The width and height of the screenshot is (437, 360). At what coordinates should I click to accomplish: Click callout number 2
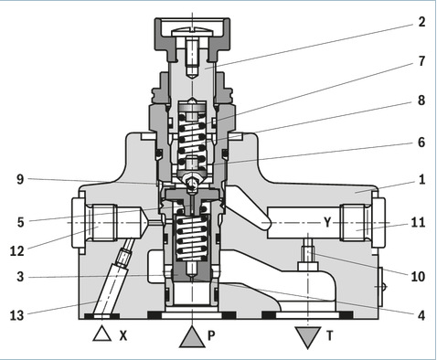pyautogui.click(x=421, y=22)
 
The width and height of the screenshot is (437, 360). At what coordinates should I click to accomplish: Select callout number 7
pyautogui.click(x=421, y=61)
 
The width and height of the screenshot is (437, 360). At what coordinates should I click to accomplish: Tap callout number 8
pyautogui.click(x=421, y=101)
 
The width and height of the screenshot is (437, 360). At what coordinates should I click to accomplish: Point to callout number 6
pyautogui.click(x=421, y=143)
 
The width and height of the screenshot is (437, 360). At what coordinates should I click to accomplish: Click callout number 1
pyautogui.click(x=422, y=180)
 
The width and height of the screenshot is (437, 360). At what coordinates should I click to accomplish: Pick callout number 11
pyautogui.click(x=418, y=222)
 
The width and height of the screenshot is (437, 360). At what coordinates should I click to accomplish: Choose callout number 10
pyautogui.click(x=418, y=277)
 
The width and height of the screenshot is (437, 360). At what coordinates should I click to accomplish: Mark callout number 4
pyautogui.click(x=421, y=315)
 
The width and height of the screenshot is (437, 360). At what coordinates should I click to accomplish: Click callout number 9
pyautogui.click(x=20, y=179)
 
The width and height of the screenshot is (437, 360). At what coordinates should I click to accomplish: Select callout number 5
pyautogui.click(x=20, y=223)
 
